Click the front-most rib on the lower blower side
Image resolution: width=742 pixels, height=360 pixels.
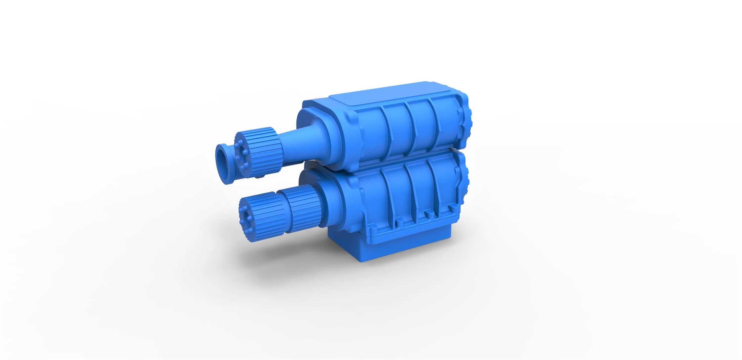click(387, 196)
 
